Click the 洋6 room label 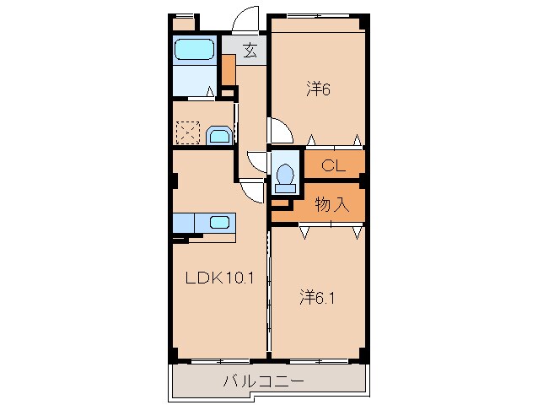click(x=316, y=88)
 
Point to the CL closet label click(x=334, y=166)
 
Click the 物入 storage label click(x=332, y=203)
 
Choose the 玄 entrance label click(x=250, y=51)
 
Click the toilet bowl click(x=285, y=174)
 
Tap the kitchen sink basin click(x=219, y=223)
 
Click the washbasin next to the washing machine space click(x=218, y=136)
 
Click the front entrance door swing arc click(x=246, y=21)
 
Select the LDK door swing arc click(x=250, y=190)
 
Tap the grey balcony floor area click(x=194, y=382)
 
